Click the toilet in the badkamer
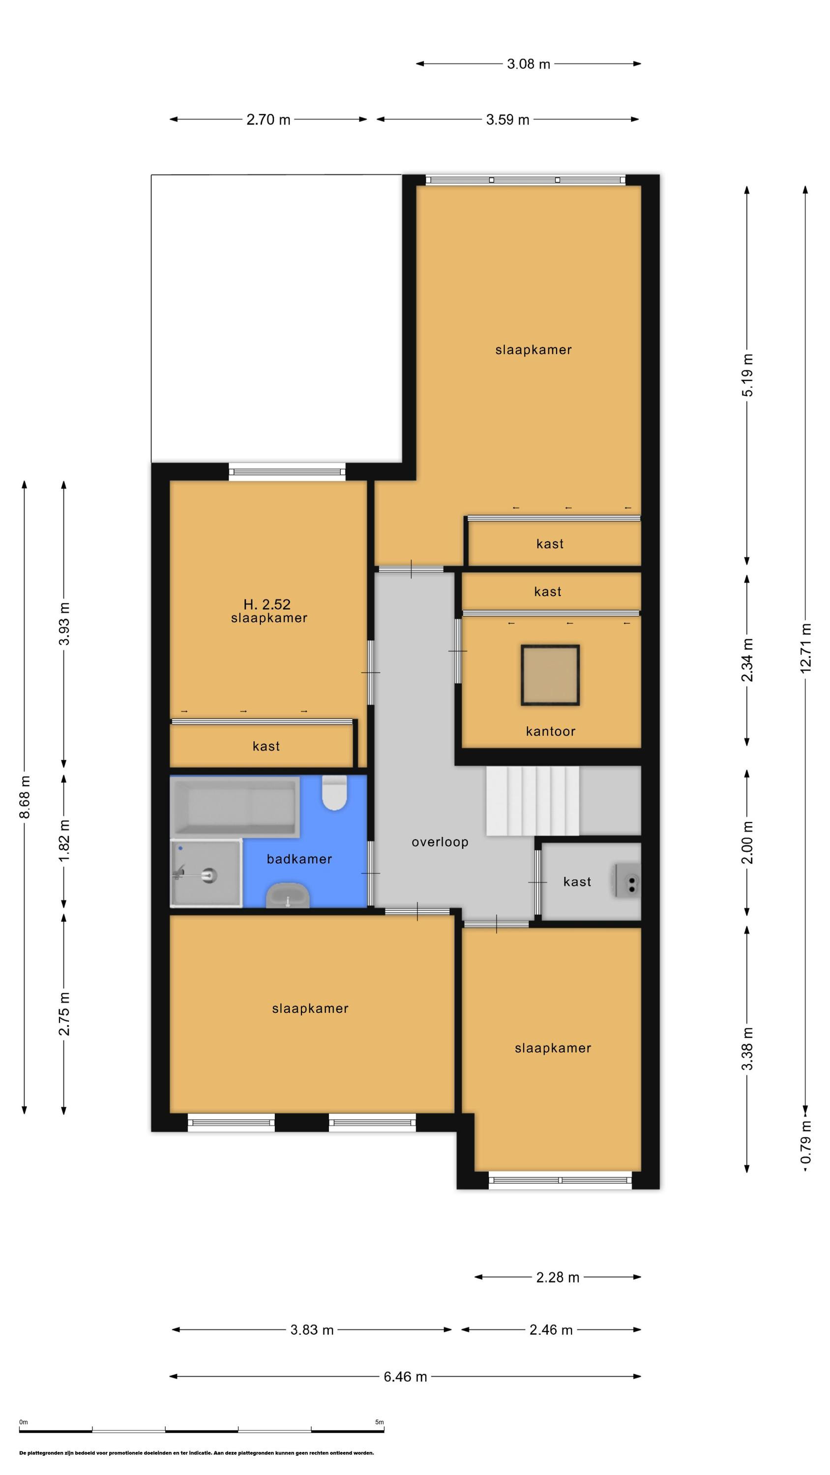pos(334,793)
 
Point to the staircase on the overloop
pos(532,801)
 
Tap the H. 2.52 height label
pos(267,604)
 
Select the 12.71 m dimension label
pos(805,648)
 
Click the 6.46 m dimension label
pos(405,1377)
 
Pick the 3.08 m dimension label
pos(528,64)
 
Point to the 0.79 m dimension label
pos(805,1142)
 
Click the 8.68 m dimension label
pos(25,797)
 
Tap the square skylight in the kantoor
pos(550,675)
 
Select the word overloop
pos(440,842)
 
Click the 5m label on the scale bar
pos(379,1422)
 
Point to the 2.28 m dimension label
pos(557,1277)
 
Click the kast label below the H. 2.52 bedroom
pos(266,746)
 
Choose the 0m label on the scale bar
pos(24,1422)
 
